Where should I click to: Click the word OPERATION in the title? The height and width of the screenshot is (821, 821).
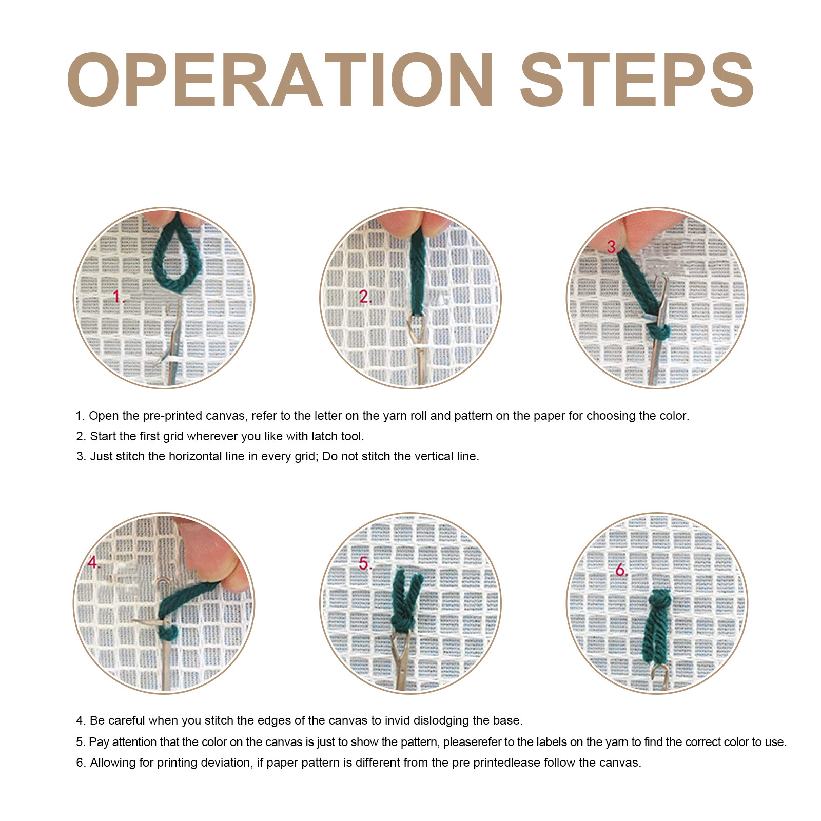pos(280,80)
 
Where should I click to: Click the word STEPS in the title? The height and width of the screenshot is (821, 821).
pos(637,80)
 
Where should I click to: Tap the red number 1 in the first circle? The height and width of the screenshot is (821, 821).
pos(118,296)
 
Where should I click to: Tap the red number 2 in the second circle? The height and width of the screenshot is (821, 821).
pos(364,297)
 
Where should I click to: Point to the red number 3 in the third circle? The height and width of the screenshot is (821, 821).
pos(611,247)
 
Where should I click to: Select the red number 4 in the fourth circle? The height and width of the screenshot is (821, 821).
pos(93,562)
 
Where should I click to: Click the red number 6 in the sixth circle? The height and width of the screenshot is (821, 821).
pos(621,570)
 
